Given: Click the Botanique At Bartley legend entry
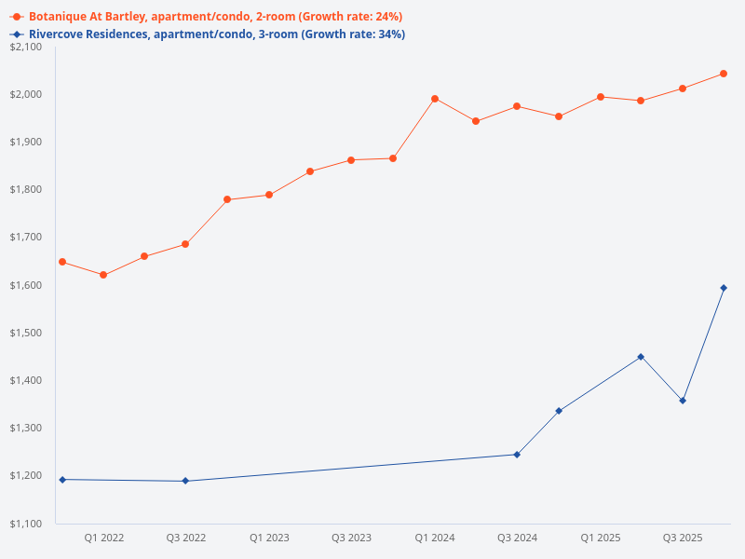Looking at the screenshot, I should [x=205, y=17].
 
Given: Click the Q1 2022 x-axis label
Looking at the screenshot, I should [x=103, y=539].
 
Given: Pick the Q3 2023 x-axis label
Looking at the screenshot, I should [x=351, y=539].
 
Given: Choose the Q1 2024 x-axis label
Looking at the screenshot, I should [x=435, y=539].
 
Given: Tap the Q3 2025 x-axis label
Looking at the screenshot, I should [x=683, y=539].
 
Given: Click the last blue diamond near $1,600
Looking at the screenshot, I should [x=724, y=288].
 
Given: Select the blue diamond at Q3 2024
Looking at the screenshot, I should [x=517, y=455].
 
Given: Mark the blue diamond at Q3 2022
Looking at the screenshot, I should [x=185, y=481].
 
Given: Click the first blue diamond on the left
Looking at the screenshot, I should [x=62, y=480].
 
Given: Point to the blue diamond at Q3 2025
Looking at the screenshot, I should [x=683, y=401].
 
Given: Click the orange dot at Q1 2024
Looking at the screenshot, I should [x=435, y=99].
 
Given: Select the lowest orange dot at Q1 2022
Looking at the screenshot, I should [x=103, y=275].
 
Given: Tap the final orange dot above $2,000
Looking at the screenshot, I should [x=724, y=74].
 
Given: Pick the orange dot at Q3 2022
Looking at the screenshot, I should [x=185, y=244].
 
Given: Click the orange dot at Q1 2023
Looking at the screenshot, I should [x=269, y=195].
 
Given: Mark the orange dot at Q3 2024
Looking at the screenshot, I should [x=517, y=106].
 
